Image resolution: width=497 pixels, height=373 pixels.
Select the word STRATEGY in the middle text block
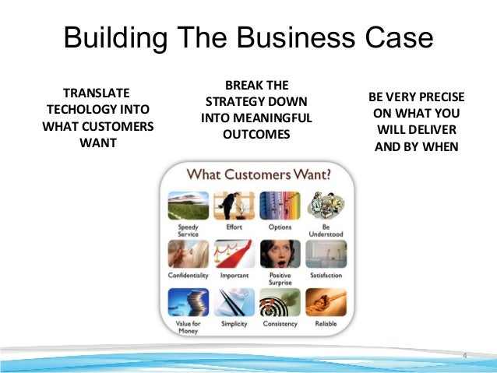click(256, 102)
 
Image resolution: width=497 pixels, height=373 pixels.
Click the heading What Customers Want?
click(256, 172)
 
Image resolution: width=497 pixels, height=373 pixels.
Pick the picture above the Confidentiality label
click(188, 254)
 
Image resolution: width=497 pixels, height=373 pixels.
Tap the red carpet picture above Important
click(233, 254)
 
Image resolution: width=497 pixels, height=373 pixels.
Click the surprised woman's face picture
click(279, 254)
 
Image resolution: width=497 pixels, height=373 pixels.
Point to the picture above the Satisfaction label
click(326, 254)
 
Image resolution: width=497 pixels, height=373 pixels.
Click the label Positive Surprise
click(279, 279)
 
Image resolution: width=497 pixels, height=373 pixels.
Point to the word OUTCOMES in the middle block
click(256, 135)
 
